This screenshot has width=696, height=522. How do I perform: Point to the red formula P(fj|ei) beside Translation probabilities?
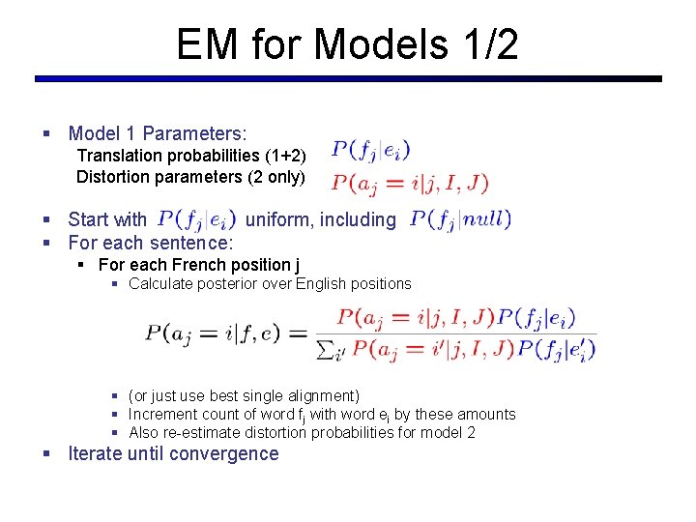click(x=371, y=150)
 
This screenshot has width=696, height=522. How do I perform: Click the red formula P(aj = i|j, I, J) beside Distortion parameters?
click(x=410, y=182)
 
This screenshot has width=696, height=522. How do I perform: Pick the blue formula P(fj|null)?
click(x=461, y=219)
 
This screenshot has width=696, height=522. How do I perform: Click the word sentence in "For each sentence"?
click(x=191, y=243)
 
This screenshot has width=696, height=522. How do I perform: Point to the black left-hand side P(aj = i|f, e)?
click(x=213, y=333)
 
